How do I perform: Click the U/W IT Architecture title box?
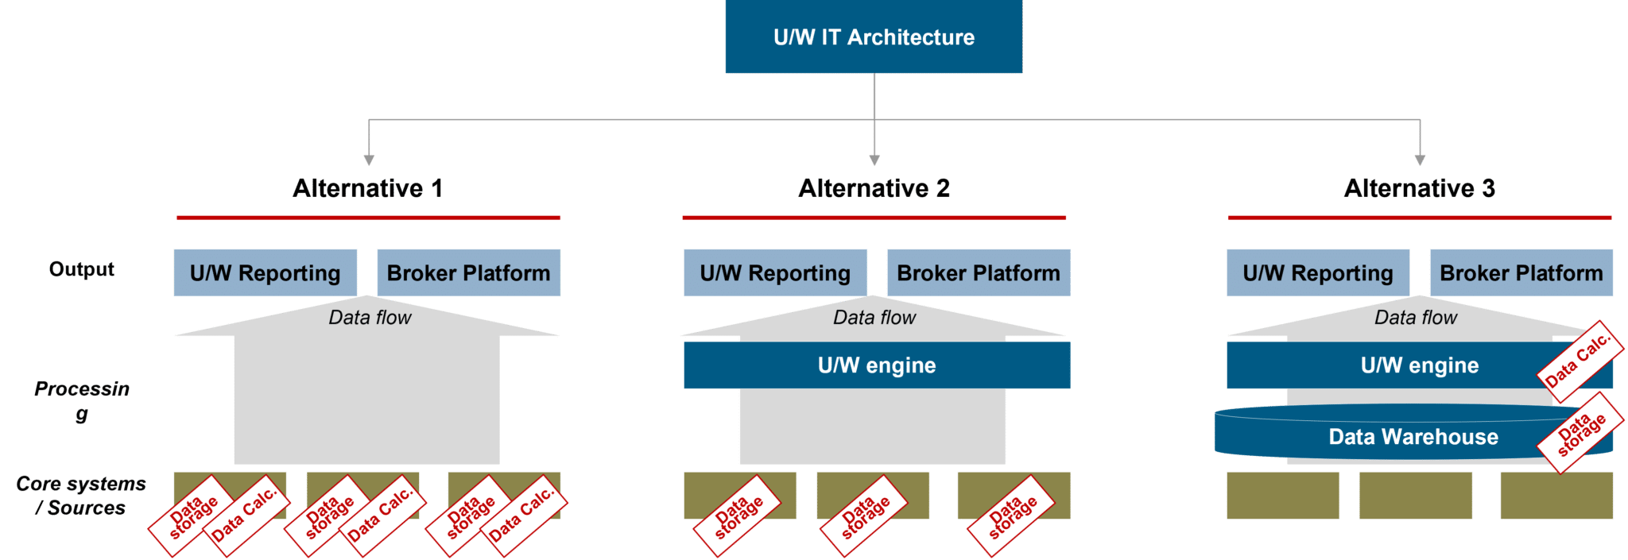(x=873, y=37)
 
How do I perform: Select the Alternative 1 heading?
(x=367, y=188)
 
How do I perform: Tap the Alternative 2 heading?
(x=874, y=188)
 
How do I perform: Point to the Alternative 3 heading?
(x=1419, y=188)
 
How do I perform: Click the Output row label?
(x=81, y=269)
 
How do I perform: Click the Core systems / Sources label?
(x=81, y=496)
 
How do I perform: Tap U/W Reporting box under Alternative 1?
(x=265, y=273)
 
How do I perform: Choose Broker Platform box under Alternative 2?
(x=978, y=273)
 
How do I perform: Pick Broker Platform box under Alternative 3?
(x=1521, y=273)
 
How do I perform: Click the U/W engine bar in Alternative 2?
(x=876, y=365)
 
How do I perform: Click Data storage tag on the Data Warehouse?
(x=1580, y=433)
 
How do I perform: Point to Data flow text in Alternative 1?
(x=370, y=318)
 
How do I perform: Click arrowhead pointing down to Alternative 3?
(x=1420, y=160)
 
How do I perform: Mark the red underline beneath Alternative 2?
(x=874, y=218)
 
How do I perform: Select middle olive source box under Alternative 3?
(x=1415, y=495)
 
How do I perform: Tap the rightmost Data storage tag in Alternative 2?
(x=1011, y=516)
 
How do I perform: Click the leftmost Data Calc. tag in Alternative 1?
(x=244, y=515)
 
